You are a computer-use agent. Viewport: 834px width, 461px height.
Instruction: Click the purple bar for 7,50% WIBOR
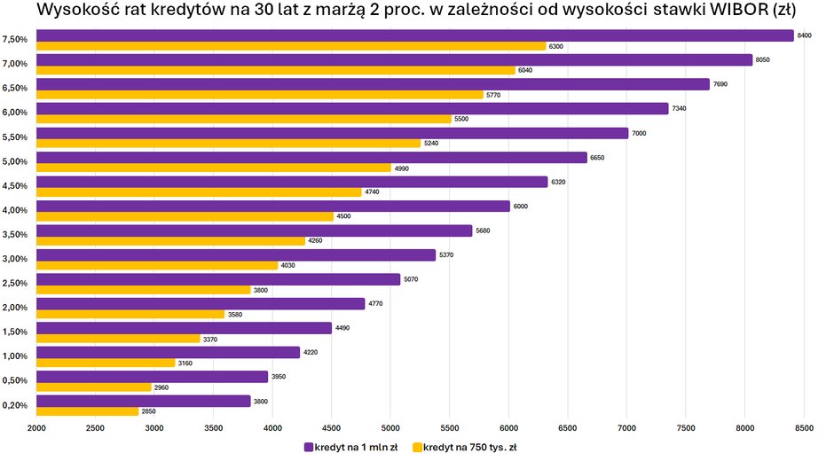pos(414,35)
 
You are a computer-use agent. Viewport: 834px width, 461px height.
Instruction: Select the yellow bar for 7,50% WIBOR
pos(291,46)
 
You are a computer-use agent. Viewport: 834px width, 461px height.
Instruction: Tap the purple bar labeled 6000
pos(272,206)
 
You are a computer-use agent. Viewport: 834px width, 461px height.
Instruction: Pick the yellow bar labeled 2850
pos(87,411)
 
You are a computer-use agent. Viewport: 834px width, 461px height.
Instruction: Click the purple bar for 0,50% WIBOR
pos(152,377)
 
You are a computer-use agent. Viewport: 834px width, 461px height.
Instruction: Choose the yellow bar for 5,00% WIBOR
pos(213,168)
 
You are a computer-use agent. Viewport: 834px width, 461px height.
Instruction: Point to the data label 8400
pos(805,35)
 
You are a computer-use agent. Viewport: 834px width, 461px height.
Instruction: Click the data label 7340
pos(680,108)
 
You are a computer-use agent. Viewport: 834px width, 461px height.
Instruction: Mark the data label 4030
pos(288,265)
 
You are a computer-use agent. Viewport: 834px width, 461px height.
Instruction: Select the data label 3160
pos(185,363)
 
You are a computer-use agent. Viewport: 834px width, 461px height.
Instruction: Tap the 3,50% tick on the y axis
pos(15,235)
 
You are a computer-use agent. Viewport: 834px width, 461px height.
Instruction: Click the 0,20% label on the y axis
pos(15,406)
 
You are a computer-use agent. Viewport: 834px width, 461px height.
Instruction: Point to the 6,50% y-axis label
pos(15,89)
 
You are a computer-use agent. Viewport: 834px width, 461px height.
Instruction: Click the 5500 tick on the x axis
pos(449,429)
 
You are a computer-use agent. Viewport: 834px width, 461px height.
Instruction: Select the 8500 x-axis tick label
pos(803,429)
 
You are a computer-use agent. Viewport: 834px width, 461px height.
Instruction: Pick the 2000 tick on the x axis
pos(36,429)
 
